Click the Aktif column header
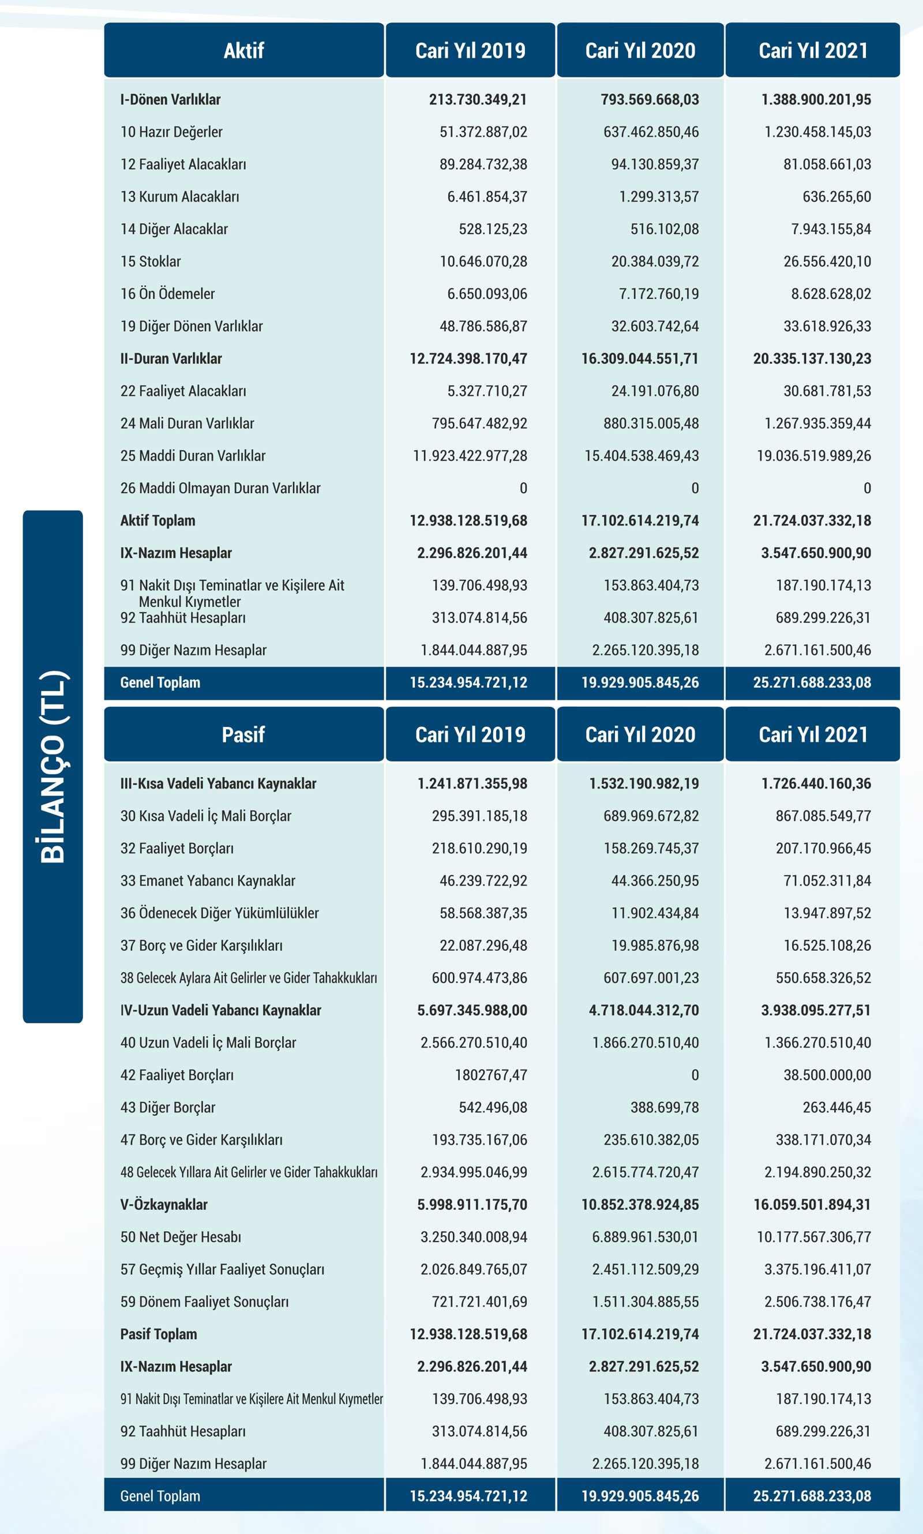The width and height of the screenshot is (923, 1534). pyautogui.click(x=244, y=50)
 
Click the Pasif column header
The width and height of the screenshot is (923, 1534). pyautogui.click(x=244, y=734)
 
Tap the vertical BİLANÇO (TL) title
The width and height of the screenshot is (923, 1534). pyautogui.click(x=53, y=766)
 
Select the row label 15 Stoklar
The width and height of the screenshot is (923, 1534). pyautogui.click(x=151, y=262)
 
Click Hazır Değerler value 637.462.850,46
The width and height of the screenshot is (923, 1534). pyautogui.click(x=651, y=132)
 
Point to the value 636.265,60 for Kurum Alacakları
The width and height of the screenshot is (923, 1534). pyautogui.click(x=836, y=197)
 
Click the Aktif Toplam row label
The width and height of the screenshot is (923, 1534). pyautogui.click(x=158, y=520)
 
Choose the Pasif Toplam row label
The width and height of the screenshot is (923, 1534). pyautogui.click(x=159, y=1334)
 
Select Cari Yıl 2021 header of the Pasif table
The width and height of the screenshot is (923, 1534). pyautogui.click(x=812, y=734)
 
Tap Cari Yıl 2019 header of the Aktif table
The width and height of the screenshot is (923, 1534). pyautogui.click(x=470, y=50)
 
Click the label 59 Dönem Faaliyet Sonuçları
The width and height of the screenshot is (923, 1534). pyautogui.click(x=205, y=1302)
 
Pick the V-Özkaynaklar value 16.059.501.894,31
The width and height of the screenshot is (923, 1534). pyautogui.click(x=812, y=1205)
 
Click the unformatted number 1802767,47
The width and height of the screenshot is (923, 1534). pyautogui.click(x=491, y=1075)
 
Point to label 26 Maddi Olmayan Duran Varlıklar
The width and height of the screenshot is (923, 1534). pyautogui.click(x=220, y=488)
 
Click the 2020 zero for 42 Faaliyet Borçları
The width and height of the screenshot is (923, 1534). pyautogui.click(x=695, y=1075)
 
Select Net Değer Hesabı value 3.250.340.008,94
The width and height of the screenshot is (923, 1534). pyautogui.click(x=473, y=1237)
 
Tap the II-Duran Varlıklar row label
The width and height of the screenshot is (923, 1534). pyautogui.click(x=171, y=359)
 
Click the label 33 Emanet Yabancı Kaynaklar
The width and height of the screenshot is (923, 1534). pyautogui.click(x=208, y=880)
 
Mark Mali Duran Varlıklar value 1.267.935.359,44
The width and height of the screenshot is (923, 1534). pyautogui.click(x=817, y=423)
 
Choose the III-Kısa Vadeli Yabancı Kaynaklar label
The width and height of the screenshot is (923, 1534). pyautogui.click(x=218, y=783)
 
